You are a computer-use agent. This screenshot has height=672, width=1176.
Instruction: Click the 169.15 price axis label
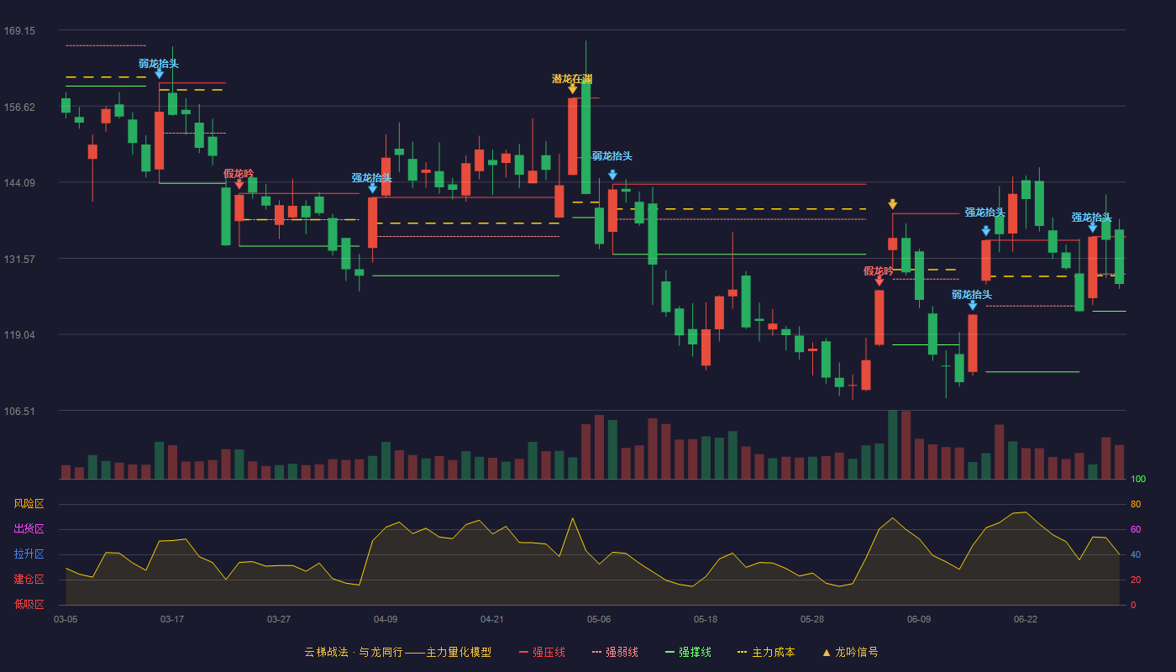(x=19, y=31)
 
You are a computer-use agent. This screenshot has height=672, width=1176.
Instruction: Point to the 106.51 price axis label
(x=19, y=411)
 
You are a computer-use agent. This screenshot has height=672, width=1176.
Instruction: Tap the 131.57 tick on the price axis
(x=19, y=260)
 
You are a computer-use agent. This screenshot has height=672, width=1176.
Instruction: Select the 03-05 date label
(x=66, y=620)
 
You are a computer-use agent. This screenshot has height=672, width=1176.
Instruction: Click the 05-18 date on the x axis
(x=705, y=620)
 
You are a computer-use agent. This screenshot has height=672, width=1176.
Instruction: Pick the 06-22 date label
(x=1026, y=620)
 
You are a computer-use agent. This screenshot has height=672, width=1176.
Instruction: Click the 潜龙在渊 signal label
(x=572, y=79)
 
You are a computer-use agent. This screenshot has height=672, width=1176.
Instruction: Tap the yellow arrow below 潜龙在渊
(x=572, y=89)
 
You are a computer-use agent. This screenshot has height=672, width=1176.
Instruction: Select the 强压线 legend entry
(x=542, y=652)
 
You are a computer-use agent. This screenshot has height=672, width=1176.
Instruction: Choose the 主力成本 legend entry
(x=766, y=652)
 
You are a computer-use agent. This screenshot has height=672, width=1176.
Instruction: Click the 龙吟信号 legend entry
(x=850, y=652)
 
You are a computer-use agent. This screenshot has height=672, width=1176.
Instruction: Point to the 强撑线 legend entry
(x=688, y=652)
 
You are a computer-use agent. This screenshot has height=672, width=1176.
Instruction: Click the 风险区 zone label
(x=29, y=504)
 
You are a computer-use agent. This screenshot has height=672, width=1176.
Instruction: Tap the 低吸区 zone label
(x=29, y=605)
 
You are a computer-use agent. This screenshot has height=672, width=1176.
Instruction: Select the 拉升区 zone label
(x=29, y=554)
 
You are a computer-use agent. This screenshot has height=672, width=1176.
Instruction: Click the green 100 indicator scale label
(x=1138, y=479)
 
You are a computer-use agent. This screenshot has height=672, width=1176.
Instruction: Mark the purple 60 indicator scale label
(x=1136, y=529)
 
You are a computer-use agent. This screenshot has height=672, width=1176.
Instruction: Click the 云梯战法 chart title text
(x=327, y=652)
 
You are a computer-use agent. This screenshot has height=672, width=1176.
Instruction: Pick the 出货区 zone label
(x=29, y=529)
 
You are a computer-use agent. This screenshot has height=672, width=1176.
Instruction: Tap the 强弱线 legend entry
(x=615, y=652)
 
